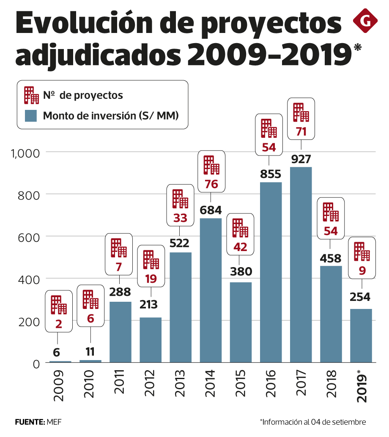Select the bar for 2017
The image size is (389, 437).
[301, 265]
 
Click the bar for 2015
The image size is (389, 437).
[241, 322]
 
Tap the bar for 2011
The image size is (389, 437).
[120, 332]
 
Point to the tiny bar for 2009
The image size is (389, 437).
[60, 361]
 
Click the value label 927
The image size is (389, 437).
[301, 159]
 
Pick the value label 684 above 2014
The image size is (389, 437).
[211, 210]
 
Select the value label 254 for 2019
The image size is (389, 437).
[361, 297]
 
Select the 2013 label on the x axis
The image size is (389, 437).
[181, 382]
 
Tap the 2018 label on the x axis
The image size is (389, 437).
[331, 382]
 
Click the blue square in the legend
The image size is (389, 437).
[31, 115]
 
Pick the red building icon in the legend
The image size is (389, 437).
[31, 95]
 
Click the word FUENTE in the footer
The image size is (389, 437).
[30, 422]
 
